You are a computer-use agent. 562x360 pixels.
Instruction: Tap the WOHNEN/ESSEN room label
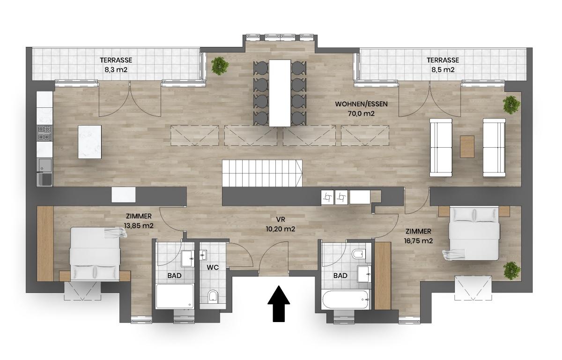point(361,104)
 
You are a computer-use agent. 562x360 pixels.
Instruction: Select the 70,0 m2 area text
point(361,113)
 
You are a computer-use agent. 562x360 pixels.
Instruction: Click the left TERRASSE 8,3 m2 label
point(116,65)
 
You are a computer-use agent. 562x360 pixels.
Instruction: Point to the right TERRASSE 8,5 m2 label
point(442,65)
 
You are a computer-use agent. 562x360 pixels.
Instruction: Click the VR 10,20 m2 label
point(281,225)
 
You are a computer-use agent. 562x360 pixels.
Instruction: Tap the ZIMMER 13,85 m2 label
point(139,221)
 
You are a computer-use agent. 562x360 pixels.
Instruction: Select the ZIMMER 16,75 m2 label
point(418,236)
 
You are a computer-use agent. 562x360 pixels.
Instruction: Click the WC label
point(213,268)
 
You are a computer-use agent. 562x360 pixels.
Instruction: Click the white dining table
point(280,92)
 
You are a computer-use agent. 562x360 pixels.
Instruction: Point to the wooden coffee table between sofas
point(467,146)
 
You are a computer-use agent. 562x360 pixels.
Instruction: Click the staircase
point(262,173)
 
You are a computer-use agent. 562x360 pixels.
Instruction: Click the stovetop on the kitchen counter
point(45,133)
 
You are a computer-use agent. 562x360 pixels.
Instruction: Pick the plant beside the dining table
point(219,66)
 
